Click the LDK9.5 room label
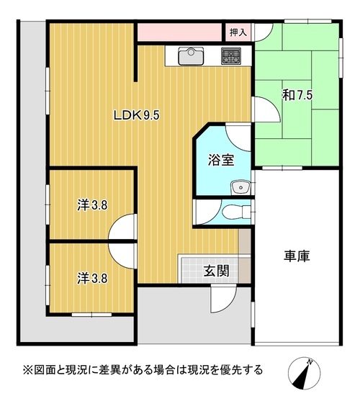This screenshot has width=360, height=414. (x=137, y=115)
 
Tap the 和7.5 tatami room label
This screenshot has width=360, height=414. (x=297, y=95)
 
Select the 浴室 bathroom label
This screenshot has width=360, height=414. (x=221, y=160)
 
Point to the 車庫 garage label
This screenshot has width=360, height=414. (x=297, y=256)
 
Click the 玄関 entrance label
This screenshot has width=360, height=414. (x=216, y=271)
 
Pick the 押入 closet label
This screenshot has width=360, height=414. (x=238, y=32)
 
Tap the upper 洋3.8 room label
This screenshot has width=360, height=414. (x=92, y=205)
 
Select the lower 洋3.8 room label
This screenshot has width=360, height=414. (x=92, y=279)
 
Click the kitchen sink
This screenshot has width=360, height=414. (x=191, y=56)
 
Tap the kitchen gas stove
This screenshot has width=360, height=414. (x=231, y=56)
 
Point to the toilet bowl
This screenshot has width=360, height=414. (x=236, y=212)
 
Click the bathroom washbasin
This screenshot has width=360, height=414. (x=240, y=188)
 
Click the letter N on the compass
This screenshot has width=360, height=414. (x=310, y=362)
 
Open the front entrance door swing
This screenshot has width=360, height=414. (x=223, y=299)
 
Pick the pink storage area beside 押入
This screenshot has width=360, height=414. (x=179, y=32)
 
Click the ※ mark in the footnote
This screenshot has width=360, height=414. (x=27, y=369)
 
